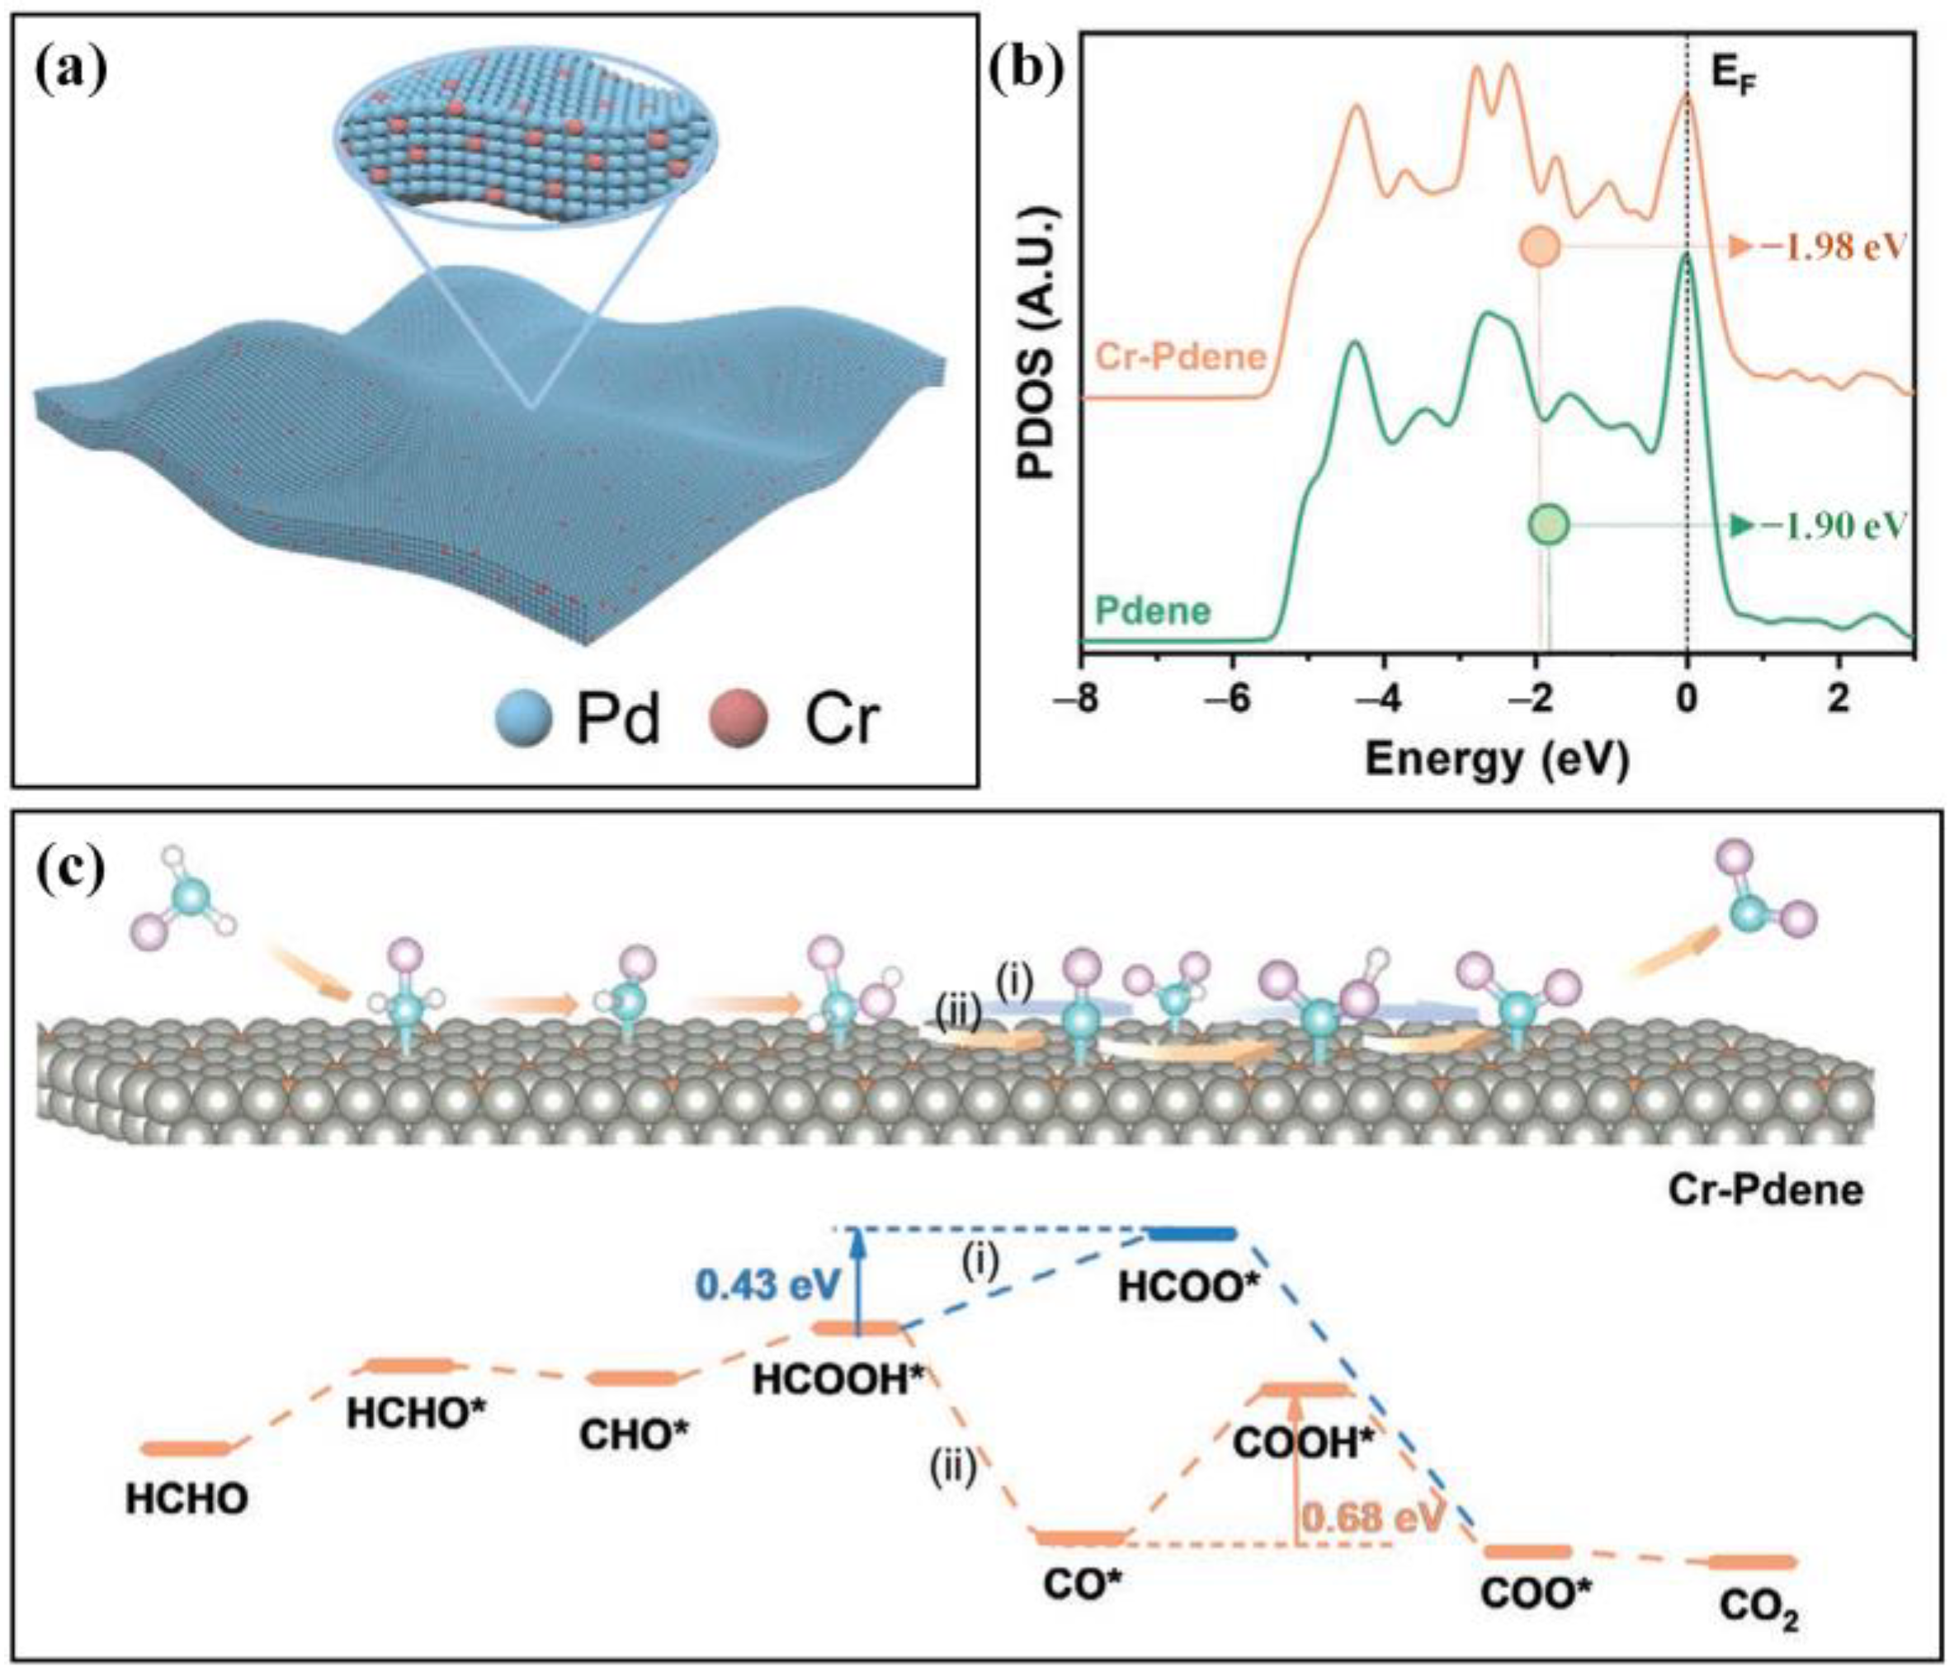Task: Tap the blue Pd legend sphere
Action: tap(524, 718)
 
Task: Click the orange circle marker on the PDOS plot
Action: tap(1540, 247)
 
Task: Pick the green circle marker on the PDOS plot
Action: tap(1549, 524)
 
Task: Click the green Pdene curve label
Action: tap(1154, 610)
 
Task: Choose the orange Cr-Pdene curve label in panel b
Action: tap(1181, 356)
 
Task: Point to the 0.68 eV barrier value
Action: tap(1375, 1517)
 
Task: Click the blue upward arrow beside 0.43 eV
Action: tap(857, 1281)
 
